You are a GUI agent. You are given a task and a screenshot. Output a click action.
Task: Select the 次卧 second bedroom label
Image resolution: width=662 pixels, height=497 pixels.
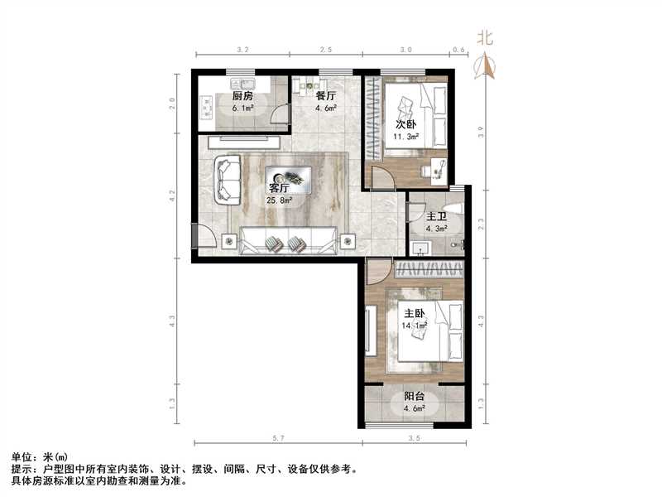click(405, 125)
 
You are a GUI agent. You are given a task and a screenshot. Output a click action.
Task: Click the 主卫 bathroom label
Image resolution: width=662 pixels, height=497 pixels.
click(437, 216)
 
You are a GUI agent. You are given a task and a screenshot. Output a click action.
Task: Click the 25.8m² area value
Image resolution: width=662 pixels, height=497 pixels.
click(279, 200)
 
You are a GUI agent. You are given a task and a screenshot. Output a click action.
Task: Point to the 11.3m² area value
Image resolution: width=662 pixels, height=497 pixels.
click(407, 138)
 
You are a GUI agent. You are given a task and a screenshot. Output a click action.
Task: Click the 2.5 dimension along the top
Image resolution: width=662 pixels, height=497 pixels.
click(327, 51)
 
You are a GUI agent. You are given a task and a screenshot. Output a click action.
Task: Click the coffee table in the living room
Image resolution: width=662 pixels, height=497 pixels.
click(290, 176)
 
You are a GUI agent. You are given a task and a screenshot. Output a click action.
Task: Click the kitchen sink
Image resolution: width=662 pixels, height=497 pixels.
click(246, 84)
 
